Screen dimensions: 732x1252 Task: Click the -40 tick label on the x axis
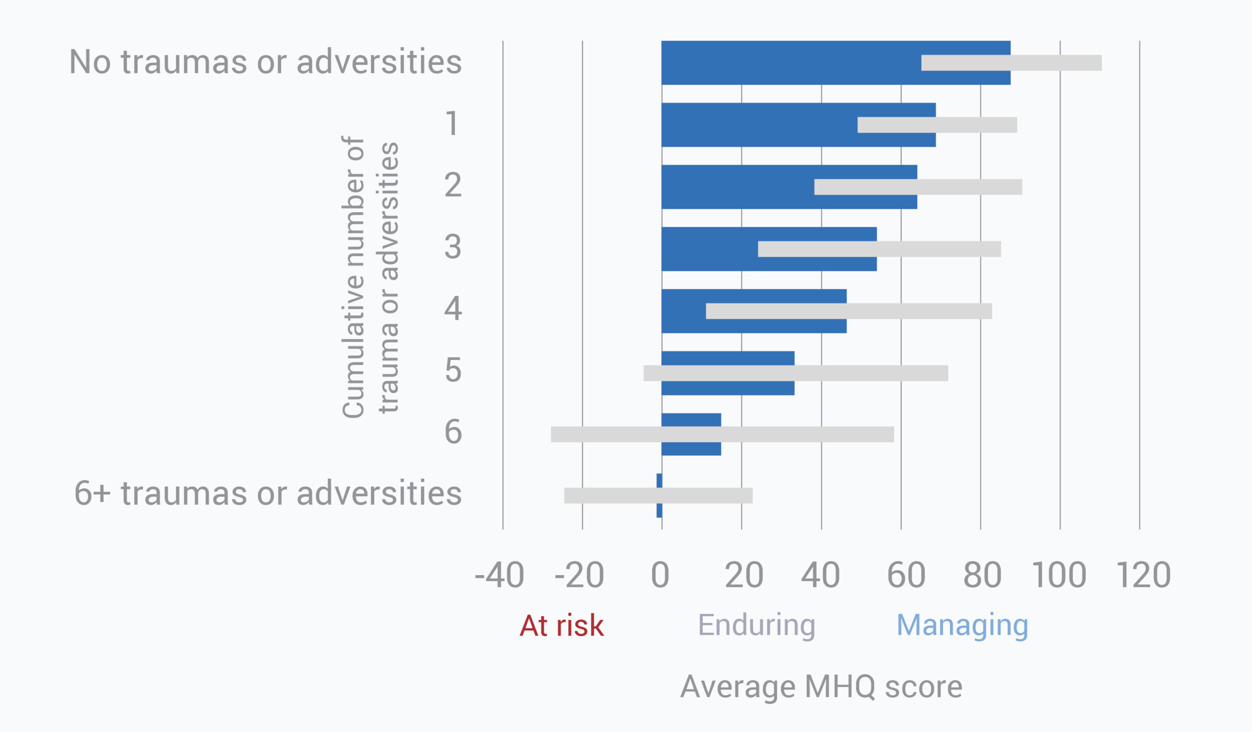click(x=499, y=575)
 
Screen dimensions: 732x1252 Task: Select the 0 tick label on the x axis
click(x=660, y=575)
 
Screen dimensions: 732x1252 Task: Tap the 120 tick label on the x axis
click(x=1144, y=575)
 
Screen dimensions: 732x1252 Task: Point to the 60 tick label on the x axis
click(x=906, y=575)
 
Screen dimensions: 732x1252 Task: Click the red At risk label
click(x=561, y=625)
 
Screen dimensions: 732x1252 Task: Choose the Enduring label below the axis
click(x=757, y=625)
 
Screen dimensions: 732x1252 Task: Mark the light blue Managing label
click(x=962, y=625)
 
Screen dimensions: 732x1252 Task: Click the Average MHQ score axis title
click(x=821, y=687)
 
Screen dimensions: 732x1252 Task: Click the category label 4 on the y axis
click(x=452, y=309)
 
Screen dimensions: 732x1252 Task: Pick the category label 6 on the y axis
click(x=452, y=432)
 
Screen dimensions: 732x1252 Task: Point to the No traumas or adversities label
click(x=265, y=62)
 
